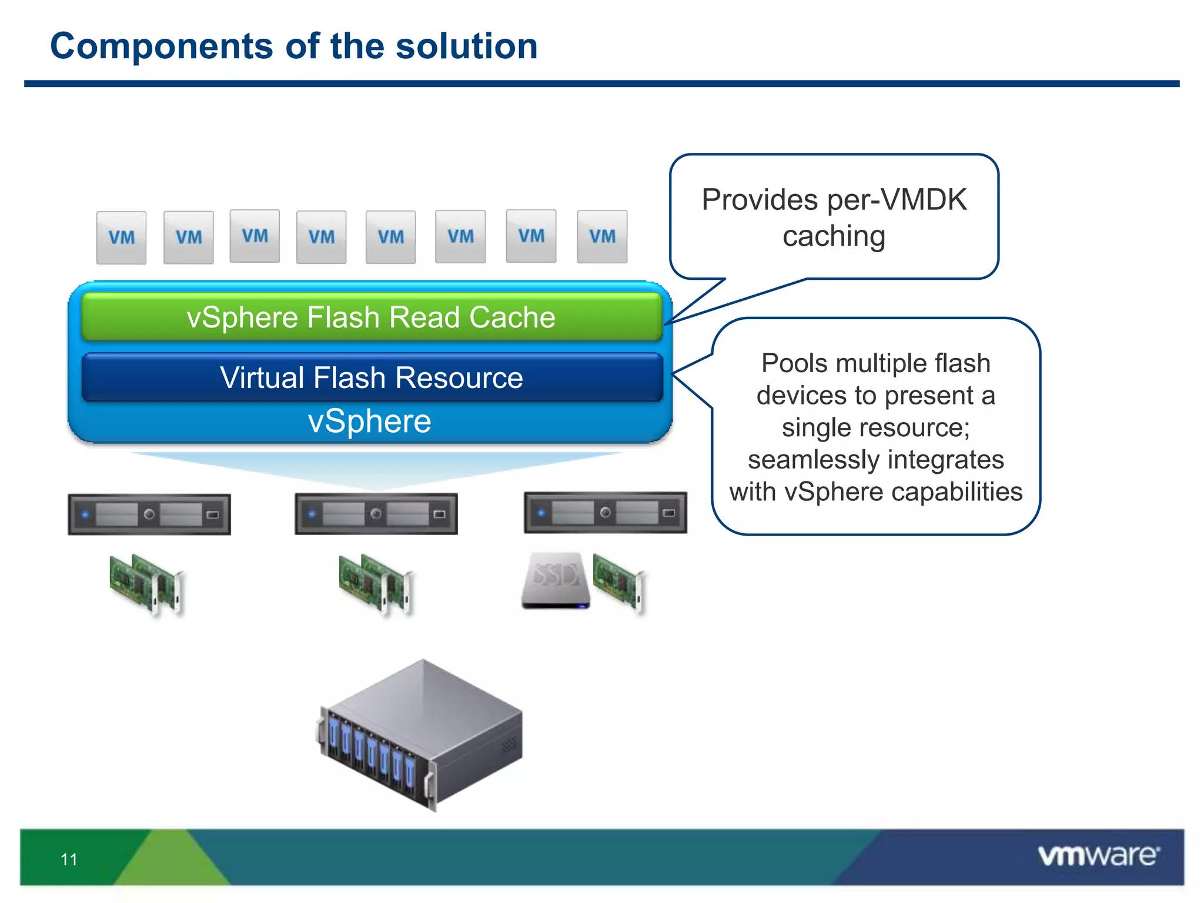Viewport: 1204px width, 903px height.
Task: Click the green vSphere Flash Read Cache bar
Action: [372, 317]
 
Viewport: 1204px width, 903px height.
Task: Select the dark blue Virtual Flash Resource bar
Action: [372, 377]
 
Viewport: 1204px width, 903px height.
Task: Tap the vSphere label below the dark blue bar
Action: [369, 422]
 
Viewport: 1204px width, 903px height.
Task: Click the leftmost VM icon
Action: [121, 238]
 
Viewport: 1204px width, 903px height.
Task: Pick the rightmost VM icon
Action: [602, 236]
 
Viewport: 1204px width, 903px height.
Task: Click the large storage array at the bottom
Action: [421, 735]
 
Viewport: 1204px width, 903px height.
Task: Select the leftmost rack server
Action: [149, 514]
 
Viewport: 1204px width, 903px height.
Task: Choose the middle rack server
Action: [376, 514]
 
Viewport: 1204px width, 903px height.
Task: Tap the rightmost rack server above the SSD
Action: [606, 513]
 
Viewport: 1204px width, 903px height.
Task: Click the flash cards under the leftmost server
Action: [146, 584]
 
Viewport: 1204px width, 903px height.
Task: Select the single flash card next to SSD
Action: [619, 582]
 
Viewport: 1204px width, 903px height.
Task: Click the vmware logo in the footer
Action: [1098, 855]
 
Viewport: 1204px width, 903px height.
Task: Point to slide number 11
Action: [69, 859]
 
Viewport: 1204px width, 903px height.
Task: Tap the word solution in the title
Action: [466, 46]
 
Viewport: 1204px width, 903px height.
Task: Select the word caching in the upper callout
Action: [834, 236]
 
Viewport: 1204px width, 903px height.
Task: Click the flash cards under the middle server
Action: [376, 584]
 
